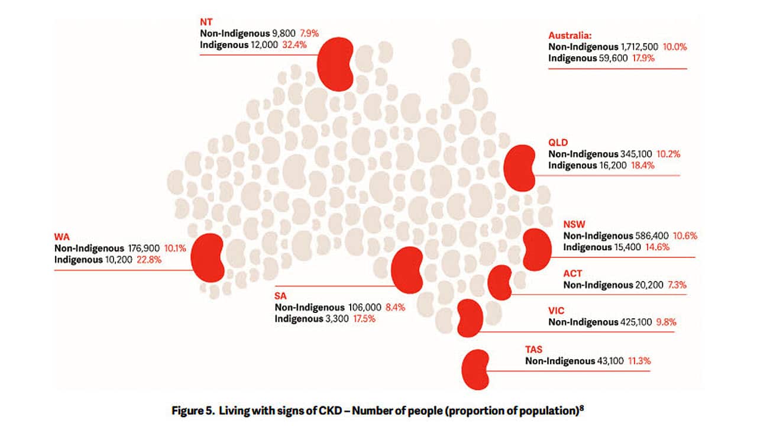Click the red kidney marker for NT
pos(335,64)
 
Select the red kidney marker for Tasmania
pos(475,369)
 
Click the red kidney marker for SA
pos(407,270)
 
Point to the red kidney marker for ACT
pos(500,282)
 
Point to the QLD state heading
pos(558,143)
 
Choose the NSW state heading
pos(574,224)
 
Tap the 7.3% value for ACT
pos(677,285)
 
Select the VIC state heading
pos(557,311)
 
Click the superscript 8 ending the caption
pos(583,407)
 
